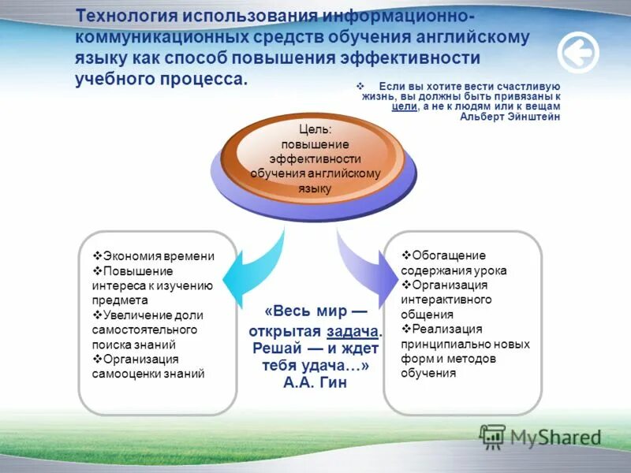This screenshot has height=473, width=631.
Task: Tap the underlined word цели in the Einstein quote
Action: (404, 106)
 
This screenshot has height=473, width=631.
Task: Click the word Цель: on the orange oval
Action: (315, 129)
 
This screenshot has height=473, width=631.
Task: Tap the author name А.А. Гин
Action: (315, 382)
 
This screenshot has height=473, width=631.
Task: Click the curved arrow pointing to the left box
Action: (252, 260)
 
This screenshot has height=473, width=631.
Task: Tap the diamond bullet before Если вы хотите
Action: (360, 85)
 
